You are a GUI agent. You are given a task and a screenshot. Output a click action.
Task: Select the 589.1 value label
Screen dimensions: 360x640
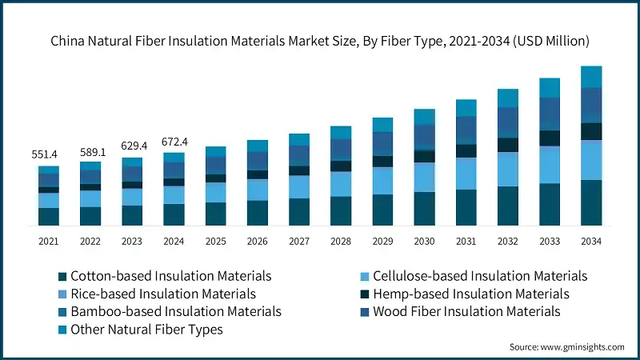tap(90, 152)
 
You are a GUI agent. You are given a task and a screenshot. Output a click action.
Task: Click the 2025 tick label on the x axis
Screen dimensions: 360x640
tap(215, 241)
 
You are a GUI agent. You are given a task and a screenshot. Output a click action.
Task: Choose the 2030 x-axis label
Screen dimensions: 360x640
tap(424, 241)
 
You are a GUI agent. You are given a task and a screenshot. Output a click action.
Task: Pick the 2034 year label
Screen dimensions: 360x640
tap(591, 241)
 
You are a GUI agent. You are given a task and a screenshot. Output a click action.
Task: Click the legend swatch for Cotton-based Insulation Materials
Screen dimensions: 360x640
tap(62, 276)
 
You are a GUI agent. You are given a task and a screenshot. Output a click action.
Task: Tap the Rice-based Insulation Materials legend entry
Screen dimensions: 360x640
tap(163, 294)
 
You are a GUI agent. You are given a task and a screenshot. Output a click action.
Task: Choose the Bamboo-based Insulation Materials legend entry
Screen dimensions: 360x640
tap(175, 310)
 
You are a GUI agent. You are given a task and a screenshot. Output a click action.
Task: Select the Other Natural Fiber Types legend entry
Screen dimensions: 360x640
tap(146, 328)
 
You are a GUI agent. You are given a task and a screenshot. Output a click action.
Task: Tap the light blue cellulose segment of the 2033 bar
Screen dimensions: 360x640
tap(550, 165)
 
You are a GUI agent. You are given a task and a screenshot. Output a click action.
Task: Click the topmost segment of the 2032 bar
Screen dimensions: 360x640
tap(508, 98)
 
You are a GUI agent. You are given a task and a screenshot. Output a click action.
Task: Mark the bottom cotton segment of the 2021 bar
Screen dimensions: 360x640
tap(49, 216)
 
